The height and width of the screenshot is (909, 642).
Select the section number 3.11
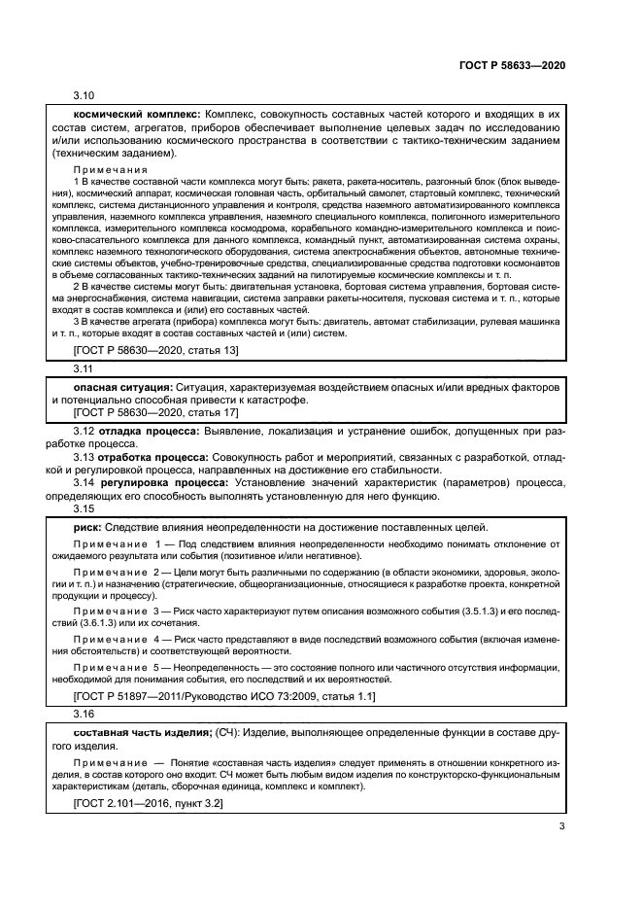click(x=84, y=370)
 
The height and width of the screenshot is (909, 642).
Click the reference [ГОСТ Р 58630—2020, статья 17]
click(x=155, y=412)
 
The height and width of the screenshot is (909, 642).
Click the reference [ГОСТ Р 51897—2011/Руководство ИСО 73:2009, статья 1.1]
click(x=225, y=698)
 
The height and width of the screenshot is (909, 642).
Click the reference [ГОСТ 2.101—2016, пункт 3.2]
click(x=148, y=804)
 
